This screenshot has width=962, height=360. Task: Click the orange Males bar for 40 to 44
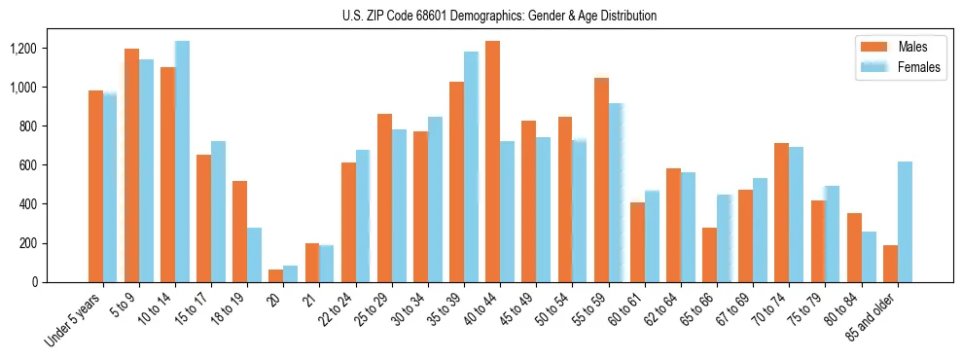(x=492, y=162)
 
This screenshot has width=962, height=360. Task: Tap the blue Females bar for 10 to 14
(x=182, y=162)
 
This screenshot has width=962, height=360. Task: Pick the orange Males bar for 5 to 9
(x=131, y=165)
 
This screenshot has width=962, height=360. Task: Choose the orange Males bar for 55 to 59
(x=601, y=180)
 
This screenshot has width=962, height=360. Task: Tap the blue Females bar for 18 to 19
(x=254, y=255)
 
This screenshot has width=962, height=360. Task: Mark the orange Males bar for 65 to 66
(x=709, y=255)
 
